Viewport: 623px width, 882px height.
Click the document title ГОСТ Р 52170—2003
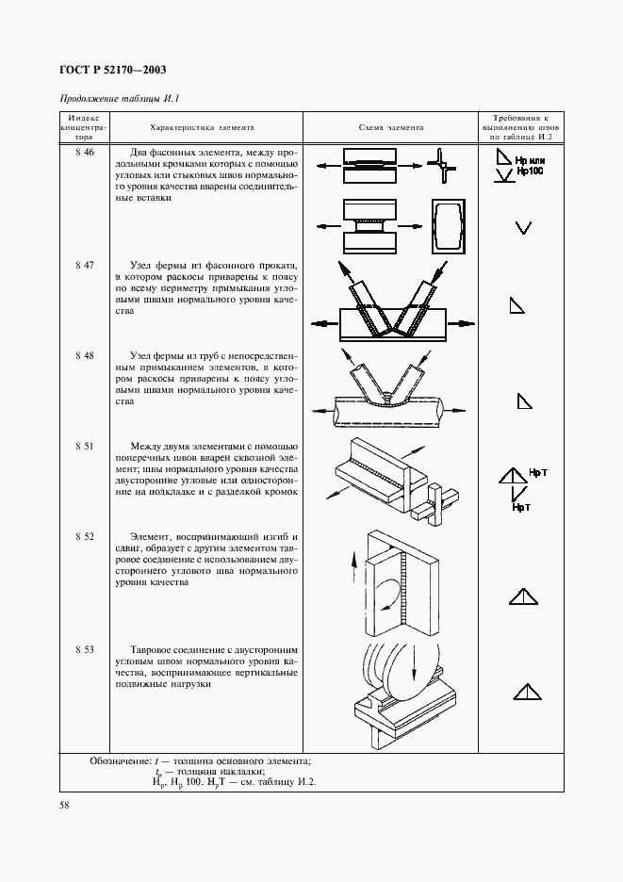114,69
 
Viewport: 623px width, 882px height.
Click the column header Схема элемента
391,127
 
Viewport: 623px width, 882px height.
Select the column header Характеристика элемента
202,127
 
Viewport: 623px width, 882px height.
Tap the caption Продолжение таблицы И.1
119,99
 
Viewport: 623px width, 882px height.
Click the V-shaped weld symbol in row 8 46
524,227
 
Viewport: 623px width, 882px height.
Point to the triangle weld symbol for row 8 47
517,304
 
